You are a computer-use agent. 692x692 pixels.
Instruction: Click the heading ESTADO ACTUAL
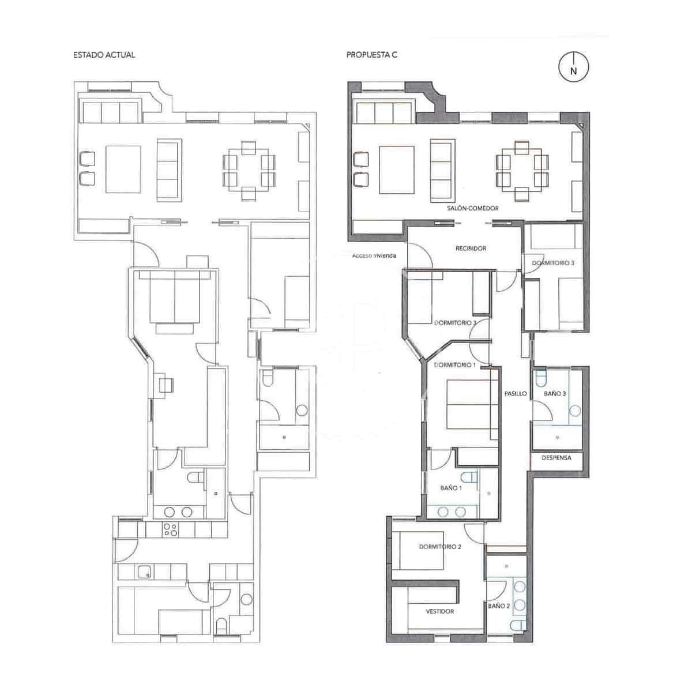click(x=104, y=55)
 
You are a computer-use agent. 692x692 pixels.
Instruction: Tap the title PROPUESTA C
click(x=372, y=55)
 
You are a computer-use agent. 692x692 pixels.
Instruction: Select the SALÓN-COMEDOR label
click(x=472, y=208)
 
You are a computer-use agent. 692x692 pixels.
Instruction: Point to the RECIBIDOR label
click(x=471, y=249)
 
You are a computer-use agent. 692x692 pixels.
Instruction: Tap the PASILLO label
click(x=515, y=394)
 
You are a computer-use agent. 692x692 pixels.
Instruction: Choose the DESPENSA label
click(x=556, y=458)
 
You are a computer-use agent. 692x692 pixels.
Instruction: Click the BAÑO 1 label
click(x=451, y=488)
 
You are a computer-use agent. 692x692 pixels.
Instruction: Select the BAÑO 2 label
click(x=499, y=606)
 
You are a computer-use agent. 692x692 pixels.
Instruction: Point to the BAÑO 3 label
click(x=555, y=394)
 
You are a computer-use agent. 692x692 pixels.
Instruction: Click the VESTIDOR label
click(x=440, y=611)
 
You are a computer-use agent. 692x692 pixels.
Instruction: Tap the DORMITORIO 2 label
click(x=440, y=547)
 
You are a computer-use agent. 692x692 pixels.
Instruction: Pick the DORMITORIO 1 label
click(x=455, y=365)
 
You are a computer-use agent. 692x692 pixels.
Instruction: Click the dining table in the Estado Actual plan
click(x=249, y=171)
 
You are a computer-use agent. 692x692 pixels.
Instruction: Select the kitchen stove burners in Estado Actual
click(x=171, y=529)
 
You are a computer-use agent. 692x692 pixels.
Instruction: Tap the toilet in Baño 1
click(x=471, y=477)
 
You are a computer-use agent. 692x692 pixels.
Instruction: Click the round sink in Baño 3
click(x=574, y=411)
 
